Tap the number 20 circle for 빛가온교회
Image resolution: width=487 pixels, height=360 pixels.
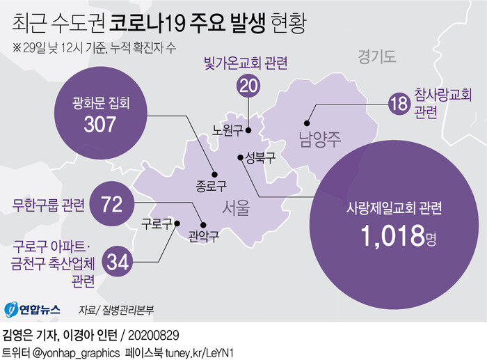pos(248,86)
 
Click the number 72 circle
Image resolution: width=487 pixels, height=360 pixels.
pos(111,205)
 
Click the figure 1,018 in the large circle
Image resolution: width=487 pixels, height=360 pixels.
pos(392,237)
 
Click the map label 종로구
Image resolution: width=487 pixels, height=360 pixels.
pos(211,186)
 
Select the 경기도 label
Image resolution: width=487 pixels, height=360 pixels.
pos(376,57)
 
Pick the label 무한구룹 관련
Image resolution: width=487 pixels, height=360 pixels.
pos(49,205)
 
